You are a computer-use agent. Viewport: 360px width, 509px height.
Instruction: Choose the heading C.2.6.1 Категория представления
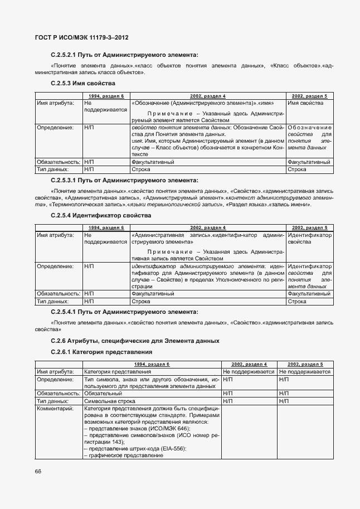point(101,352)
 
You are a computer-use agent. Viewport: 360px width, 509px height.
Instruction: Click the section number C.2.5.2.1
point(66,55)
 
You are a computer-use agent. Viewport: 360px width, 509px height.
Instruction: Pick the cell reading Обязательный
point(102,393)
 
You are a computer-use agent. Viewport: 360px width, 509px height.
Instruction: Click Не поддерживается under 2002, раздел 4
point(249,371)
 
